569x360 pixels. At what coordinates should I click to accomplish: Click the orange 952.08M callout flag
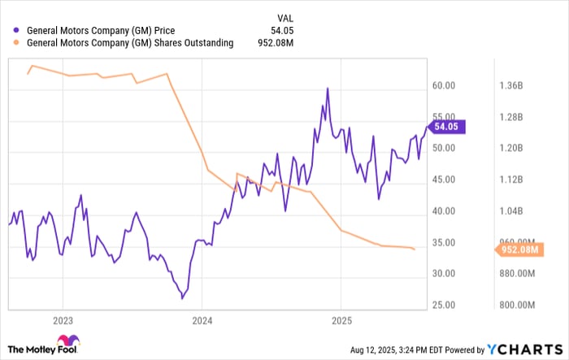pos(516,249)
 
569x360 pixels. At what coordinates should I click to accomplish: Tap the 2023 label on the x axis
pos(63,319)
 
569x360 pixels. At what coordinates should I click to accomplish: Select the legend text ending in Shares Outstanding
pos(131,43)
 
